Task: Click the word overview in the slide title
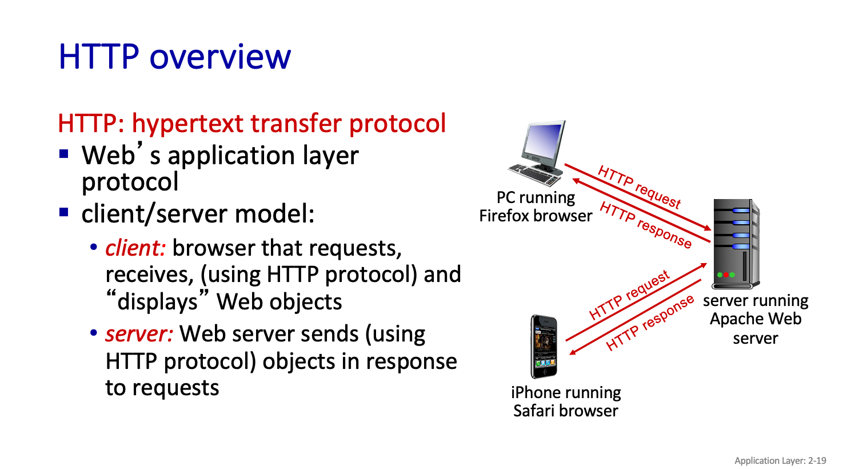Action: coord(221,57)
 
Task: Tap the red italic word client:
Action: coord(135,248)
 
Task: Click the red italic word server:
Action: coord(139,334)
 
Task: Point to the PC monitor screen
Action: coord(543,141)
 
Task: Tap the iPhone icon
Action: coord(544,347)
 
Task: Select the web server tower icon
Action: coord(736,244)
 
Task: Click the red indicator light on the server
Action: coord(726,275)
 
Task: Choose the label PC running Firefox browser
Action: coord(536,206)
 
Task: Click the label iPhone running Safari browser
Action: coord(566,402)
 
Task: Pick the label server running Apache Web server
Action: coord(756,319)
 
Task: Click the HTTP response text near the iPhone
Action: coord(650,323)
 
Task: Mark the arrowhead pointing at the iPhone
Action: coord(573,352)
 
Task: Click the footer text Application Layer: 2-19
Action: coord(780,460)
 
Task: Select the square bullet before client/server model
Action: coord(64,212)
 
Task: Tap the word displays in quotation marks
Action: coord(157,302)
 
